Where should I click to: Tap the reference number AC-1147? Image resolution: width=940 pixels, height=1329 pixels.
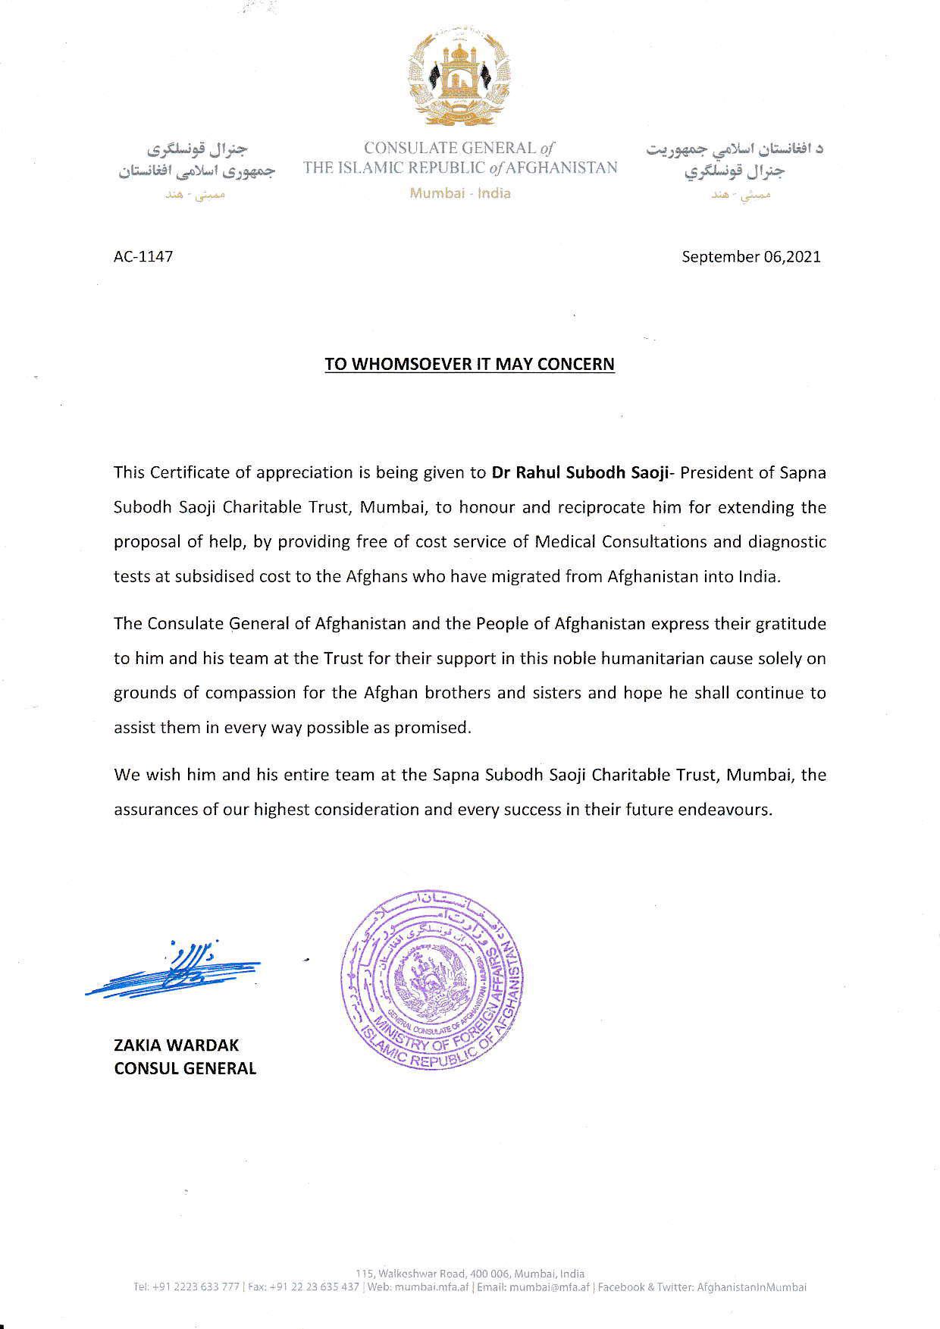pos(143,256)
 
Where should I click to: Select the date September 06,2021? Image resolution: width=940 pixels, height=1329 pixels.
pos(750,256)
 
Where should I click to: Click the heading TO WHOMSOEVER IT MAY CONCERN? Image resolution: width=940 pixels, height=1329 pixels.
pos(469,364)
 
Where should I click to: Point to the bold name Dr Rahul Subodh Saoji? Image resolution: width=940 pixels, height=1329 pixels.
pos(579,472)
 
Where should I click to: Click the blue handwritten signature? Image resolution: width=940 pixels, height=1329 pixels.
pos(175,970)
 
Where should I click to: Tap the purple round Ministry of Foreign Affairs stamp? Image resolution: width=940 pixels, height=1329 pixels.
pos(433,980)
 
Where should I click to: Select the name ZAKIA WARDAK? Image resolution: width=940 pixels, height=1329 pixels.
pos(176,1045)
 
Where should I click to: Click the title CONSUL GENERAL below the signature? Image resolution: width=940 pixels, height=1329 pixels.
pos(185,1068)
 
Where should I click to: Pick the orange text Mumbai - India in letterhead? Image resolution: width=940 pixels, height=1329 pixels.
pos(460,193)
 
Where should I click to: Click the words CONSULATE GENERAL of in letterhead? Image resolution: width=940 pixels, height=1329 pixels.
pos(459,148)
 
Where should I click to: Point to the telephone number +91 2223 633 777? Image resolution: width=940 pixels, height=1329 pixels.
pos(196,1287)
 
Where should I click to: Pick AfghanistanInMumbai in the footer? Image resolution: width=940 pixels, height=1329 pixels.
pos(751,1287)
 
